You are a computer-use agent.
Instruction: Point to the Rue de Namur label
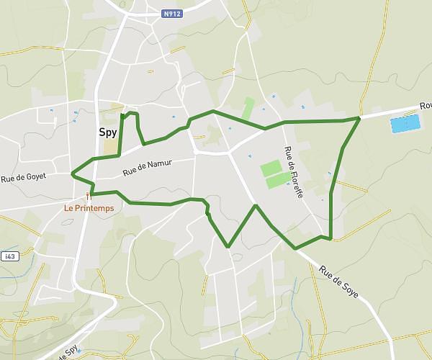148,168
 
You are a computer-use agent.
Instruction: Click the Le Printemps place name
89,208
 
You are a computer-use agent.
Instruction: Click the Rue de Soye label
338,283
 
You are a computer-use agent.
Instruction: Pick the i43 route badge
9,256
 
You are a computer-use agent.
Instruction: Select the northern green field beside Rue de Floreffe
271,168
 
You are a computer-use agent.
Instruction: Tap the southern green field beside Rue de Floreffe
278,181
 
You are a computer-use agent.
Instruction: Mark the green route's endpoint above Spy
122,114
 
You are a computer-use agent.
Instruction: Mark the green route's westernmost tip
72,174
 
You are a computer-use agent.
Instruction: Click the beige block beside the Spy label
110,145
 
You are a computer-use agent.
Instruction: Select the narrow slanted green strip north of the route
248,109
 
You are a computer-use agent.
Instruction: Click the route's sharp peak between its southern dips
256,205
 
